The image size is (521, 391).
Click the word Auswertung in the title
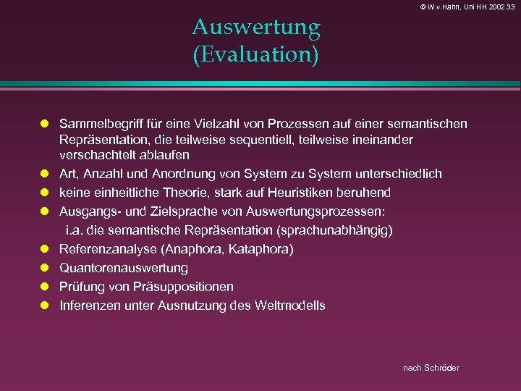point(256,28)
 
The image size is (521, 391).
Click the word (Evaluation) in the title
point(256,55)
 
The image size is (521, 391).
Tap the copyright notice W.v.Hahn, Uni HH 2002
point(456,7)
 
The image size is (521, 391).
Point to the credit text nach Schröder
point(431,368)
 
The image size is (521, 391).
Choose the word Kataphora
point(263,249)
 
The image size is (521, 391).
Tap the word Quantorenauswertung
point(124,268)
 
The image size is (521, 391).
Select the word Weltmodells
point(290,306)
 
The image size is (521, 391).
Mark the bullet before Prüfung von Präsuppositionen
point(43,287)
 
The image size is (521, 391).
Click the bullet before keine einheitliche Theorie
point(43,193)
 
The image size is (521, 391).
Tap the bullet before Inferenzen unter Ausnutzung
point(43,306)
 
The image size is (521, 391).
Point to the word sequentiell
point(249,140)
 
